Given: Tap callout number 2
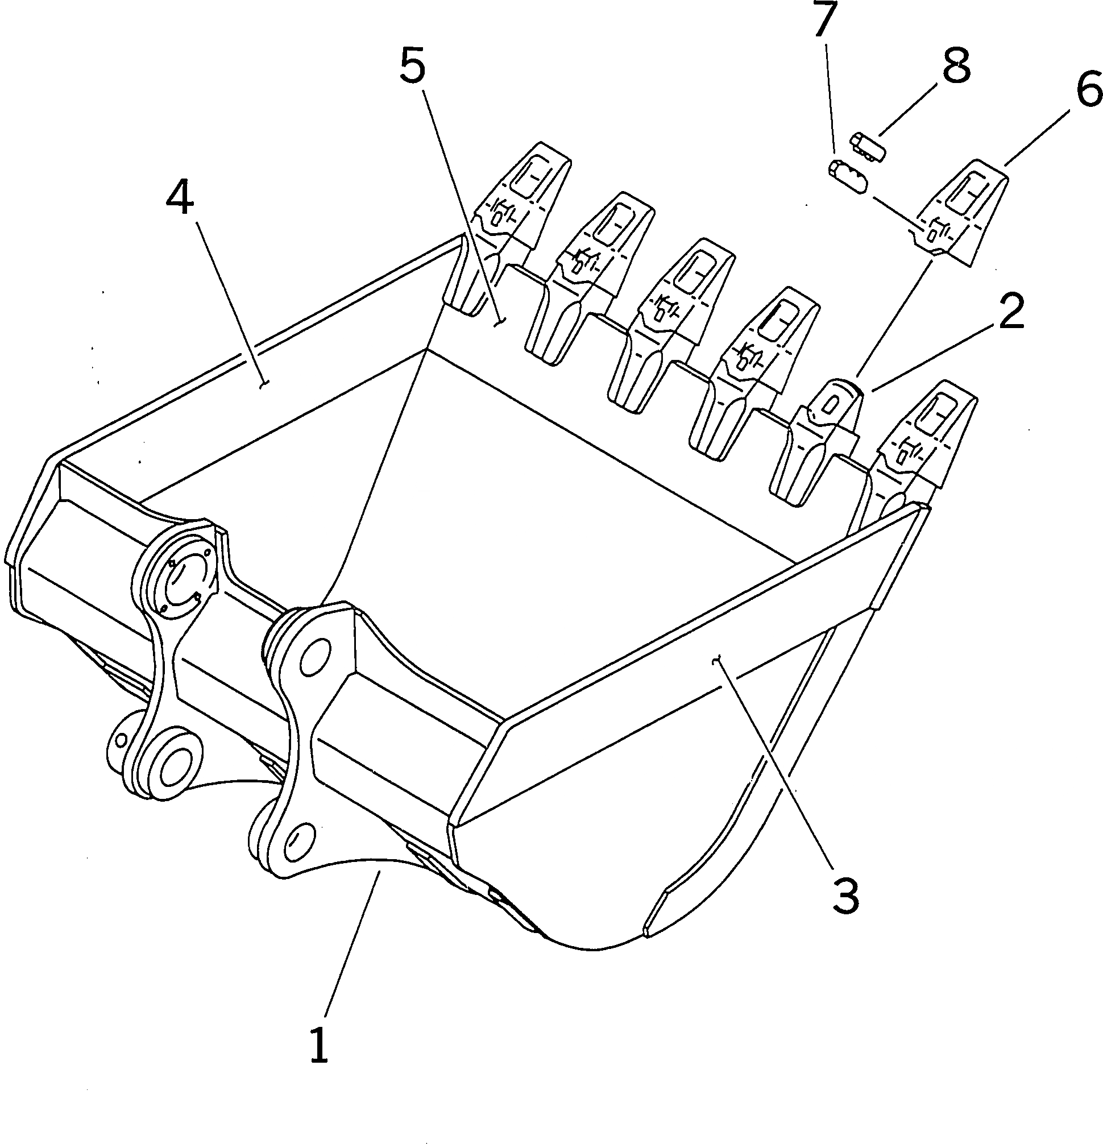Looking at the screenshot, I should pos(1010,312).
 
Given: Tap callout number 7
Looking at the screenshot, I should pos(824,21).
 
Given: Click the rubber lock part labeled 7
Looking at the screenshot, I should pos(848,178).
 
